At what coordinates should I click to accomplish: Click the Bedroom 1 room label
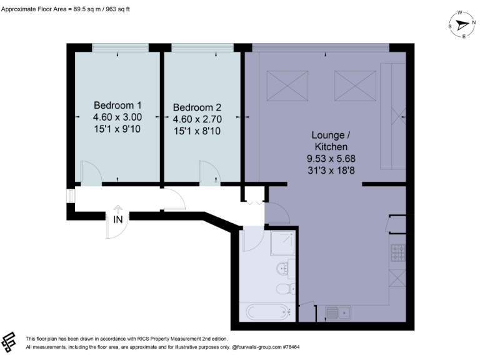[x=117, y=105]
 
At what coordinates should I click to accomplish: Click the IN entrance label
[x=117, y=219]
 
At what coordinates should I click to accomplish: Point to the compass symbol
[x=462, y=24]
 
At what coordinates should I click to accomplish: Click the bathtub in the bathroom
[x=264, y=311]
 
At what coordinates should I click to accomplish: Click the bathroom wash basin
[x=282, y=269]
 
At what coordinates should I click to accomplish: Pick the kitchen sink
[x=339, y=312]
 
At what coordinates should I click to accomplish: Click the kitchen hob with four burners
[x=398, y=252]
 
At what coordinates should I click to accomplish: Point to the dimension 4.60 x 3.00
[x=117, y=117]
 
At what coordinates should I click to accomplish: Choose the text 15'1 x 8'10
[x=197, y=131]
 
